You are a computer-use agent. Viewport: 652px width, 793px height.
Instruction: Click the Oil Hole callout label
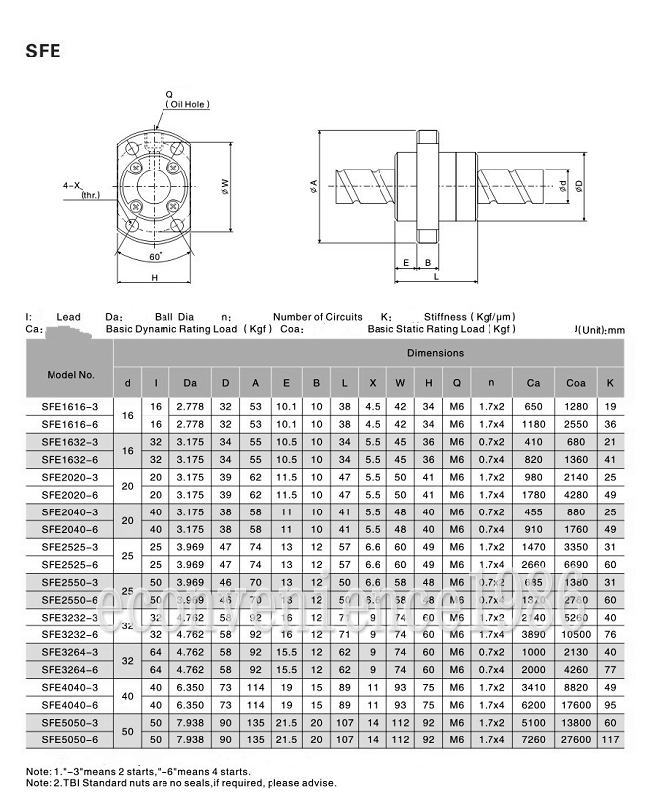point(187,102)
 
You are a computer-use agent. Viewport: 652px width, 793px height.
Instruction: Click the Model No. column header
point(70,376)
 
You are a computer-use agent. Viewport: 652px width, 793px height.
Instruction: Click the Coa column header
point(575,383)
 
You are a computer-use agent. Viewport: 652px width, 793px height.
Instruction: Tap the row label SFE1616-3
point(70,407)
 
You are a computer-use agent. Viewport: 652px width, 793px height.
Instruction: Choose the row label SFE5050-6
point(70,740)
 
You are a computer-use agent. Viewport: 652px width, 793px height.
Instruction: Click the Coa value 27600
point(575,740)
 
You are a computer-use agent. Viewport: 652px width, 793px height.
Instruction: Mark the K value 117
point(610,740)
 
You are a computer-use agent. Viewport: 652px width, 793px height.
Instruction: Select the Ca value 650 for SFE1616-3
point(533,407)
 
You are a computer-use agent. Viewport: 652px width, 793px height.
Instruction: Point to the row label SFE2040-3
point(70,511)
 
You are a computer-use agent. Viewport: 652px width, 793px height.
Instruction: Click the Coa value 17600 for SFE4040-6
point(575,705)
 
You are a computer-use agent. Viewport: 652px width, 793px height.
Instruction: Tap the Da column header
point(188,383)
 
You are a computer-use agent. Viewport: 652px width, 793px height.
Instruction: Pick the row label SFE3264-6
point(70,670)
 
